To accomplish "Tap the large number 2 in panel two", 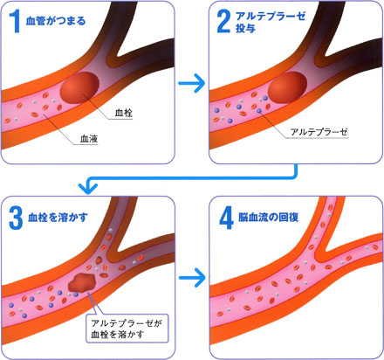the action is pyautogui.click(x=223, y=22).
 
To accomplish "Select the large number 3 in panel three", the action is pyautogui.click(x=16, y=218).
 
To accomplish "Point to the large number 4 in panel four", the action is pyautogui.click(x=226, y=218).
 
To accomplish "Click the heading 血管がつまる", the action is pyautogui.click(x=56, y=21).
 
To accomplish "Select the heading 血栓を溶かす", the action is pyautogui.click(x=58, y=218).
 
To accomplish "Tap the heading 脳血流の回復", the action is pyautogui.click(x=268, y=218).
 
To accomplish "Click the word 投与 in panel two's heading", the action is pyautogui.click(x=245, y=28).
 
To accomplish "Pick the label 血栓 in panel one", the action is pyautogui.click(x=124, y=113).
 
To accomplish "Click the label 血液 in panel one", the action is pyautogui.click(x=89, y=138).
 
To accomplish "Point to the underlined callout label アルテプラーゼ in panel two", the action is pyautogui.click(x=319, y=132).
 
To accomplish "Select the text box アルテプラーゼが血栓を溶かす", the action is pyautogui.click(x=127, y=328).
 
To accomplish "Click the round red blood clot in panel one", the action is pyautogui.click(x=79, y=87).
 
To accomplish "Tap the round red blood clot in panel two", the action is pyautogui.click(x=287, y=87).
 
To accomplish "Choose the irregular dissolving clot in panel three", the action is pyautogui.click(x=82, y=282).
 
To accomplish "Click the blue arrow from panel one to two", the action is pyautogui.click(x=192, y=83).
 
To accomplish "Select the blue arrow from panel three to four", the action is pyautogui.click(x=192, y=278).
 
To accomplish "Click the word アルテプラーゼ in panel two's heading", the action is pyautogui.click(x=271, y=16).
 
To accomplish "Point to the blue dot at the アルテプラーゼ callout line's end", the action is pyautogui.click(x=259, y=111).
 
